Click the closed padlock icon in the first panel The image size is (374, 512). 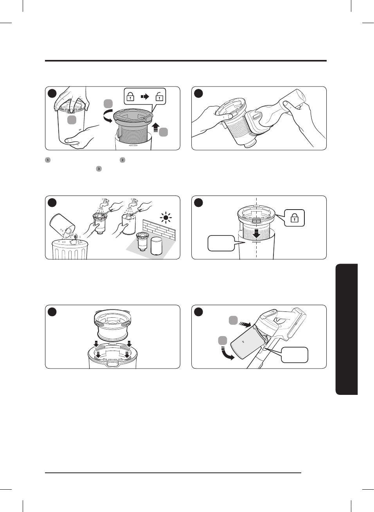(x=131, y=96)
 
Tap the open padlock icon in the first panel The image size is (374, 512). (x=159, y=96)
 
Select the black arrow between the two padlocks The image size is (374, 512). (x=145, y=96)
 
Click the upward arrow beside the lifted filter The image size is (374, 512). (x=155, y=128)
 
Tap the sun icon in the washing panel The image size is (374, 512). (x=166, y=217)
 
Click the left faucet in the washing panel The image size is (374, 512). (x=104, y=203)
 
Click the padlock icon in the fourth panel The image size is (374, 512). (x=295, y=218)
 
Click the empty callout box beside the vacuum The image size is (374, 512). (x=295, y=355)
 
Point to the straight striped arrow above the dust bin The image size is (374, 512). (x=245, y=324)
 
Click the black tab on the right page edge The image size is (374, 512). (x=347, y=329)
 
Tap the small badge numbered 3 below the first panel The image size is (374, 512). (x=99, y=169)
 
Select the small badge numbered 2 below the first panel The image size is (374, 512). (x=122, y=160)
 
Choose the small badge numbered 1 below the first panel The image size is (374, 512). (x=48, y=160)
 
